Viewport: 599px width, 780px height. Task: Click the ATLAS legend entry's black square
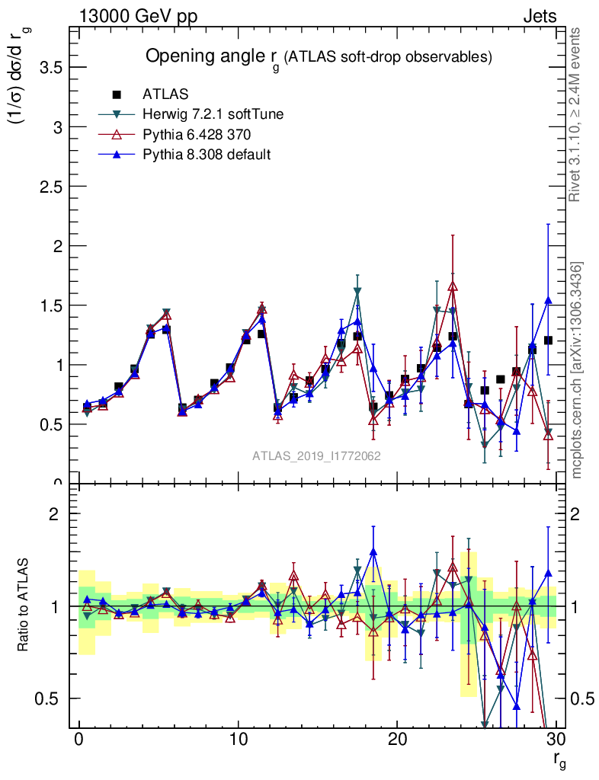pyautogui.click(x=117, y=94)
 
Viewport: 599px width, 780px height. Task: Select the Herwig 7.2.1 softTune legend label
pyautogui.click(x=213, y=114)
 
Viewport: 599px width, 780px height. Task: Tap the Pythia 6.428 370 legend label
pyautogui.click(x=196, y=134)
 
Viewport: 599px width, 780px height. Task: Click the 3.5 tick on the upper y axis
pyautogui.click(x=50, y=67)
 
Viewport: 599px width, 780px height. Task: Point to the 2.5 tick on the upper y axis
pyautogui.click(x=50, y=187)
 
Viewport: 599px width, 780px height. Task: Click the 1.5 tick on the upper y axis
pyautogui.click(x=50, y=305)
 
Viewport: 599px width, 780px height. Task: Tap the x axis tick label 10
pyautogui.click(x=238, y=741)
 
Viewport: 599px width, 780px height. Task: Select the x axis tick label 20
pyautogui.click(x=396, y=741)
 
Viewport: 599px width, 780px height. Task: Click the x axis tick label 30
pyautogui.click(x=556, y=741)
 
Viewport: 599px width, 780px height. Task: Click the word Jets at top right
pyautogui.click(x=539, y=17)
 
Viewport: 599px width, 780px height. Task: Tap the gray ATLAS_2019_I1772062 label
pyautogui.click(x=316, y=456)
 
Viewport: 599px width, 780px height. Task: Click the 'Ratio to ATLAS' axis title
pyautogui.click(x=24, y=606)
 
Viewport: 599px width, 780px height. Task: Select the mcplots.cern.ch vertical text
pyautogui.click(x=577, y=371)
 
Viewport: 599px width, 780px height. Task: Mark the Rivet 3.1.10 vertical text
pyautogui.click(x=577, y=114)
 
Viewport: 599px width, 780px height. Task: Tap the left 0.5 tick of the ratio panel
pyautogui.click(x=51, y=698)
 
